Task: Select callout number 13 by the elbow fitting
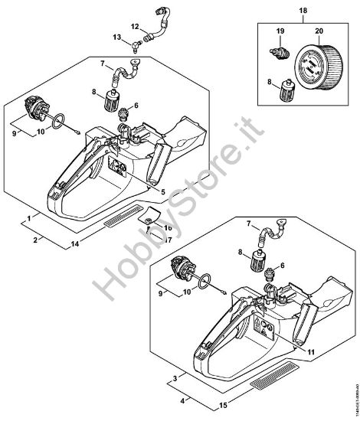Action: [116, 38]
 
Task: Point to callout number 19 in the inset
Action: [280, 31]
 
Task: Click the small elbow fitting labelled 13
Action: [134, 43]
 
